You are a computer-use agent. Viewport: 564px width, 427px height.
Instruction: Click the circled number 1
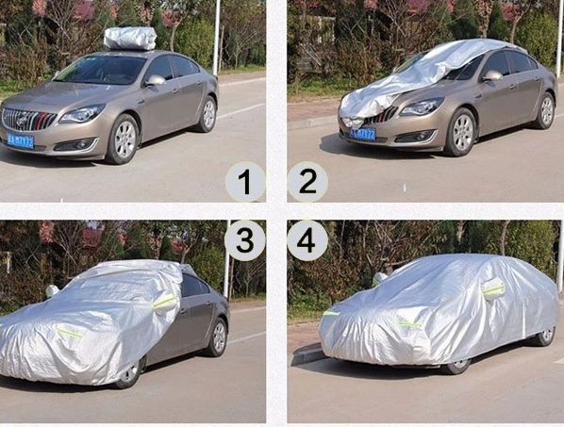coord(245,182)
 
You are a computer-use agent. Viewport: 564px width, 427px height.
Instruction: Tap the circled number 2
coord(307,182)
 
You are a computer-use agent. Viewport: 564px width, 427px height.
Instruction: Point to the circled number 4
coord(307,240)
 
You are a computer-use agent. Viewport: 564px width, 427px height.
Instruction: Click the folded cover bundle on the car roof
coord(130,38)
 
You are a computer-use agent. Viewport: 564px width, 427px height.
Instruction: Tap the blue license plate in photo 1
coord(20,141)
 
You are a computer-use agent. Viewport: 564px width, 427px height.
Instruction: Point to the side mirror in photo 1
coord(155,81)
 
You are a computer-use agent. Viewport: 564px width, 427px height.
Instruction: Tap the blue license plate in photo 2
coord(363,134)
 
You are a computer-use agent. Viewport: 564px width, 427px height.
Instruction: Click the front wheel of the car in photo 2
coord(461,132)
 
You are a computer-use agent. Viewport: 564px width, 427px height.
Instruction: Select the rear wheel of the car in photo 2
coord(545,110)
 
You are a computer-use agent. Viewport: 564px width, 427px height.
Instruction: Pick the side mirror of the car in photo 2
coord(492,75)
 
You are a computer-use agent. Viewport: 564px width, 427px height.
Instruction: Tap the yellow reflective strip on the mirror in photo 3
coord(165,303)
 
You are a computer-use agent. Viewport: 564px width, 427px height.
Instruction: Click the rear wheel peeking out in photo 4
coord(545,335)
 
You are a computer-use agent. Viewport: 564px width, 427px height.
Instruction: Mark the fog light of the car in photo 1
coord(68,144)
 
